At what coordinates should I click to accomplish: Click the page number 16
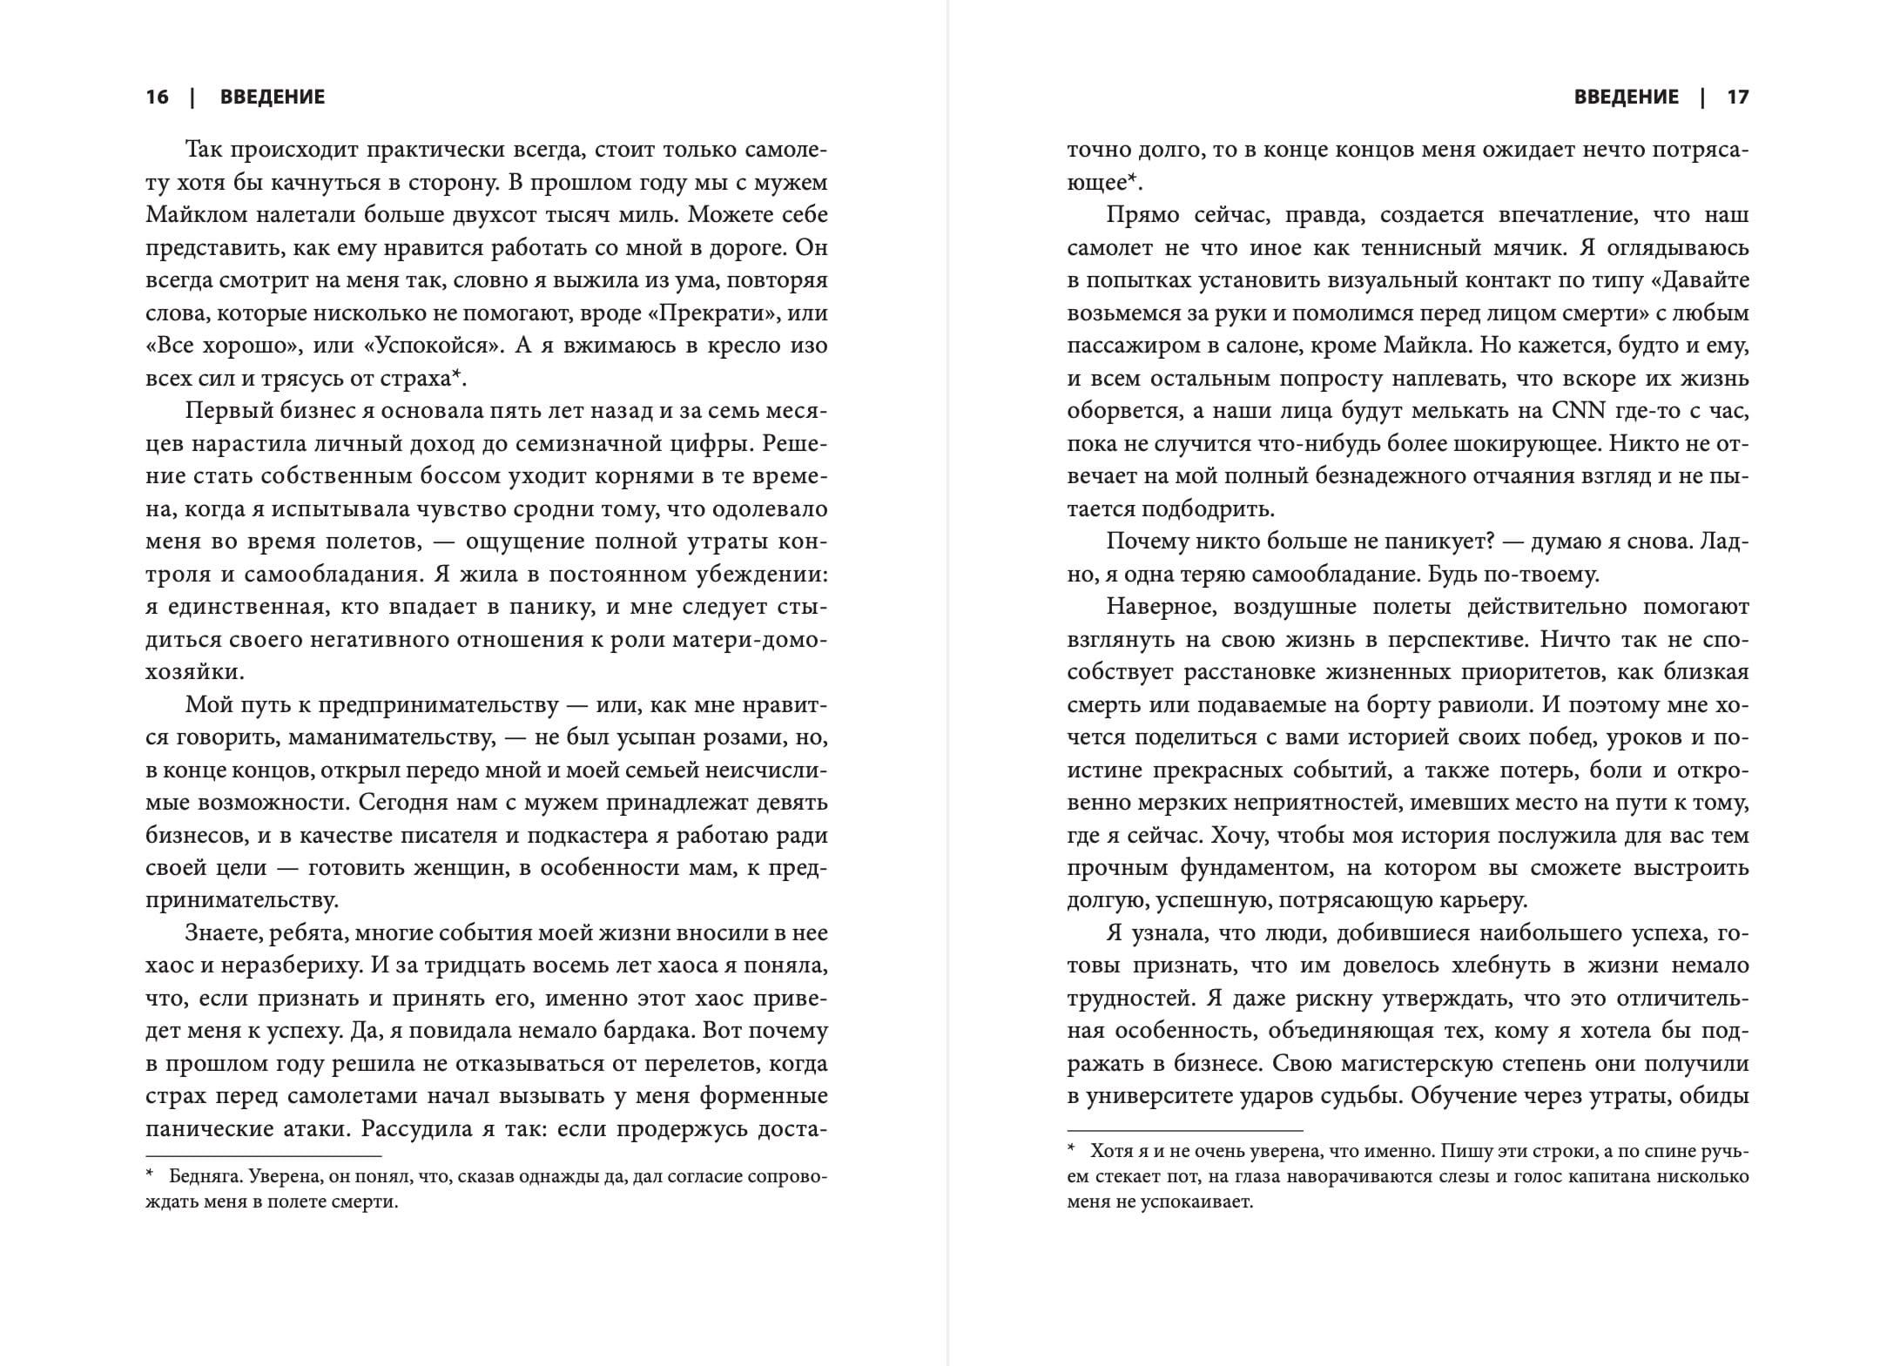[x=158, y=97]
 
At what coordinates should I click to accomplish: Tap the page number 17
[x=1737, y=97]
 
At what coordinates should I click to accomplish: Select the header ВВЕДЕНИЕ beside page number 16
[x=273, y=97]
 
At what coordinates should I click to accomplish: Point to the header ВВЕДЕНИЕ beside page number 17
[x=1626, y=97]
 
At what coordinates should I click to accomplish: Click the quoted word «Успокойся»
[x=433, y=346]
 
